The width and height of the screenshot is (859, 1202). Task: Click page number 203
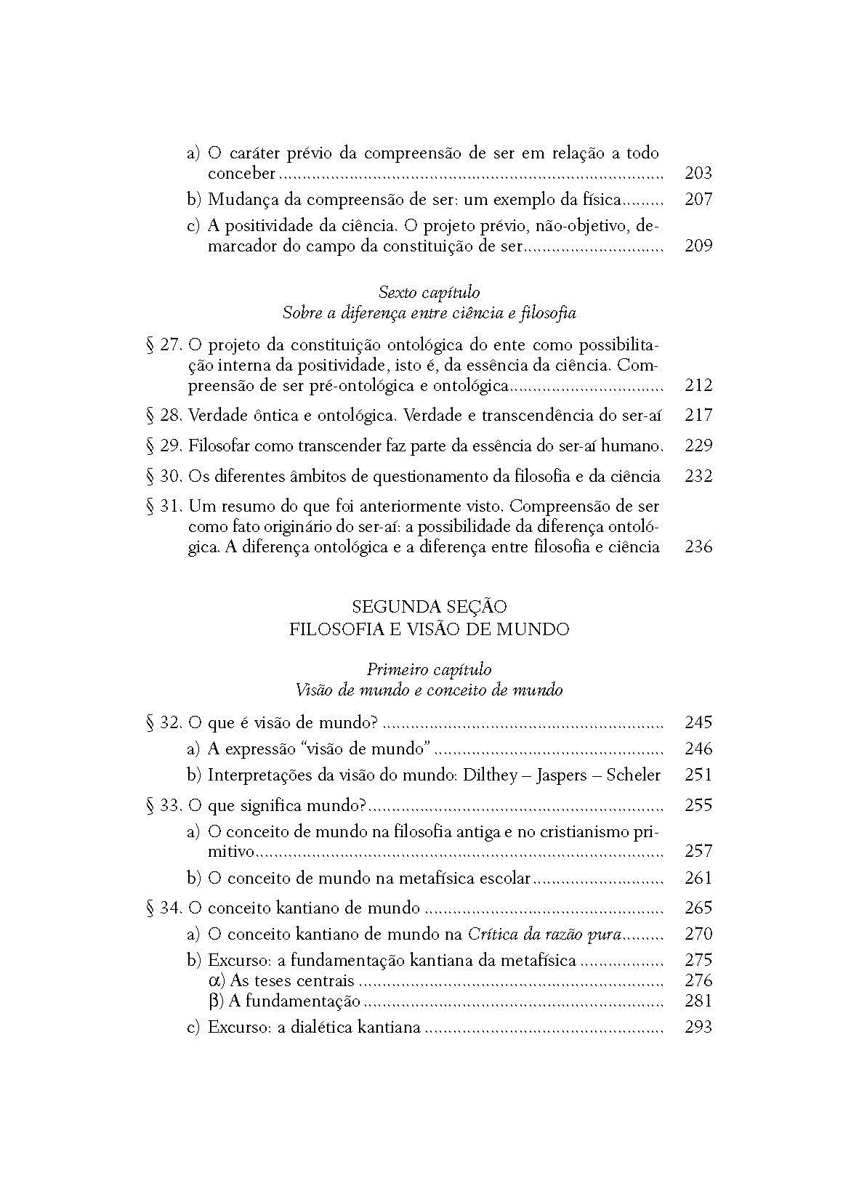pyautogui.click(x=698, y=173)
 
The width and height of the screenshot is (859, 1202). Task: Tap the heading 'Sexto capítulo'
pyautogui.click(x=429, y=292)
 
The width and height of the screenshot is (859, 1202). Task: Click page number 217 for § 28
pyautogui.click(x=698, y=415)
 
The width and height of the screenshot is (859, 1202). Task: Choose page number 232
pyautogui.click(x=698, y=476)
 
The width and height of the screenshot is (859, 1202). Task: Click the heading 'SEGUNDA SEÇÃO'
pyautogui.click(x=429, y=607)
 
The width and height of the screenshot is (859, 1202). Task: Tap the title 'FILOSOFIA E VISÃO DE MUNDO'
pyautogui.click(x=429, y=629)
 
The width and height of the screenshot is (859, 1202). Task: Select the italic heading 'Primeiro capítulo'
pyautogui.click(x=429, y=669)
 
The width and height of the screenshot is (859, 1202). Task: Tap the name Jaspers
pyautogui.click(x=561, y=775)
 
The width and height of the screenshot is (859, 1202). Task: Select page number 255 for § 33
pyautogui.click(x=698, y=805)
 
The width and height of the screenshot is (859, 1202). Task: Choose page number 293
pyautogui.click(x=698, y=1028)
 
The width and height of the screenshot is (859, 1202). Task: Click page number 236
pyautogui.click(x=698, y=546)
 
